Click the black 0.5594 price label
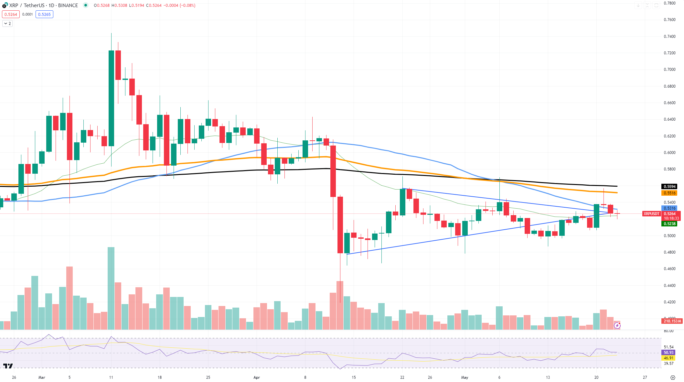669,187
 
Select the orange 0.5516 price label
669,193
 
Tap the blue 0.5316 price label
669,208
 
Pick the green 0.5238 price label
669,224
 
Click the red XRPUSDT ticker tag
651,214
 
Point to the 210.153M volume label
672,321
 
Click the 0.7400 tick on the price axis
669,37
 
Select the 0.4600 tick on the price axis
669,269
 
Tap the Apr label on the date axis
257,377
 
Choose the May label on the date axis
465,377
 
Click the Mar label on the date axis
42,377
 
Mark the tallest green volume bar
111,288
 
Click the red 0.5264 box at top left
11,14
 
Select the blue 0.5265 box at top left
44,14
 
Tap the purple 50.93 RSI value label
668,353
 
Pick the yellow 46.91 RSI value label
668,358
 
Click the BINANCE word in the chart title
68,5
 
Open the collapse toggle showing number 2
7,24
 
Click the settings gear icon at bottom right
673,377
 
